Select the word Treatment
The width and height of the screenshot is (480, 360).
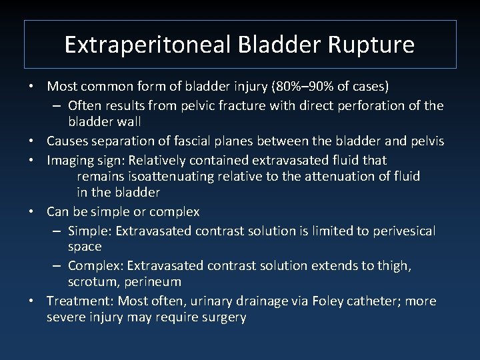pyautogui.click(x=73, y=301)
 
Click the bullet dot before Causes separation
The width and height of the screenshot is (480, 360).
pyautogui.click(x=31, y=141)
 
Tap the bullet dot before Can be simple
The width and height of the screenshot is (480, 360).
pyautogui.click(x=31, y=212)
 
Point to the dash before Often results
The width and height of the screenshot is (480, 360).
pyautogui.click(x=58, y=105)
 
